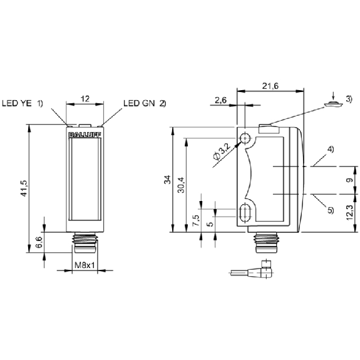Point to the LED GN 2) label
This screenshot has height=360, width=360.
(145, 103)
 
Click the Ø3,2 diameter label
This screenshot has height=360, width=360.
(222, 153)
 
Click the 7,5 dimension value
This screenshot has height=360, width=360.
(196, 220)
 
